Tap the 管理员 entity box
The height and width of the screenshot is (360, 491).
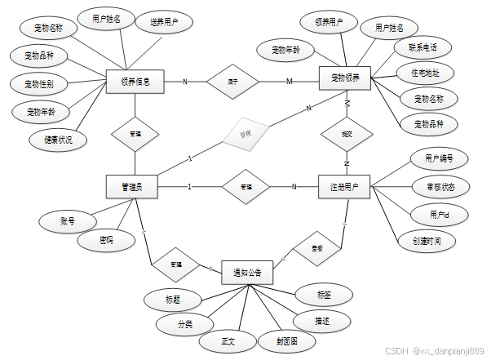pyautogui.click(x=130, y=187)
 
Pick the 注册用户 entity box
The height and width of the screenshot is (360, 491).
pyautogui.click(x=344, y=187)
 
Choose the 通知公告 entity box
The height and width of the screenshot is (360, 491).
pyautogui.click(x=247, y=273)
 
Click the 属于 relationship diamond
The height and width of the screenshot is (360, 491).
pyautogui.click(x=232, y=82)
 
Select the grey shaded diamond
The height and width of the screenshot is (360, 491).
pyautogui.click(x=245, y=133)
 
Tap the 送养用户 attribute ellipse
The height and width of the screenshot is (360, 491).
pyautogui.click(x=165, y=23)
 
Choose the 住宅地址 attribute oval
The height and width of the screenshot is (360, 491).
pyautogui.click(x=425, y=73)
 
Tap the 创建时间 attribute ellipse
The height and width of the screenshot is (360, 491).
pyautogui.click(x=427, y=241)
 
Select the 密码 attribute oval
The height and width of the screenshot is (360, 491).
pyautogui.click(x=106, y=241)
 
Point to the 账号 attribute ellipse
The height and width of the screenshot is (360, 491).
pyautogui.click(x=67, y=220)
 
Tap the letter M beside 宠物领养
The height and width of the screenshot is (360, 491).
pyautogui.click(x=289, y=81)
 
